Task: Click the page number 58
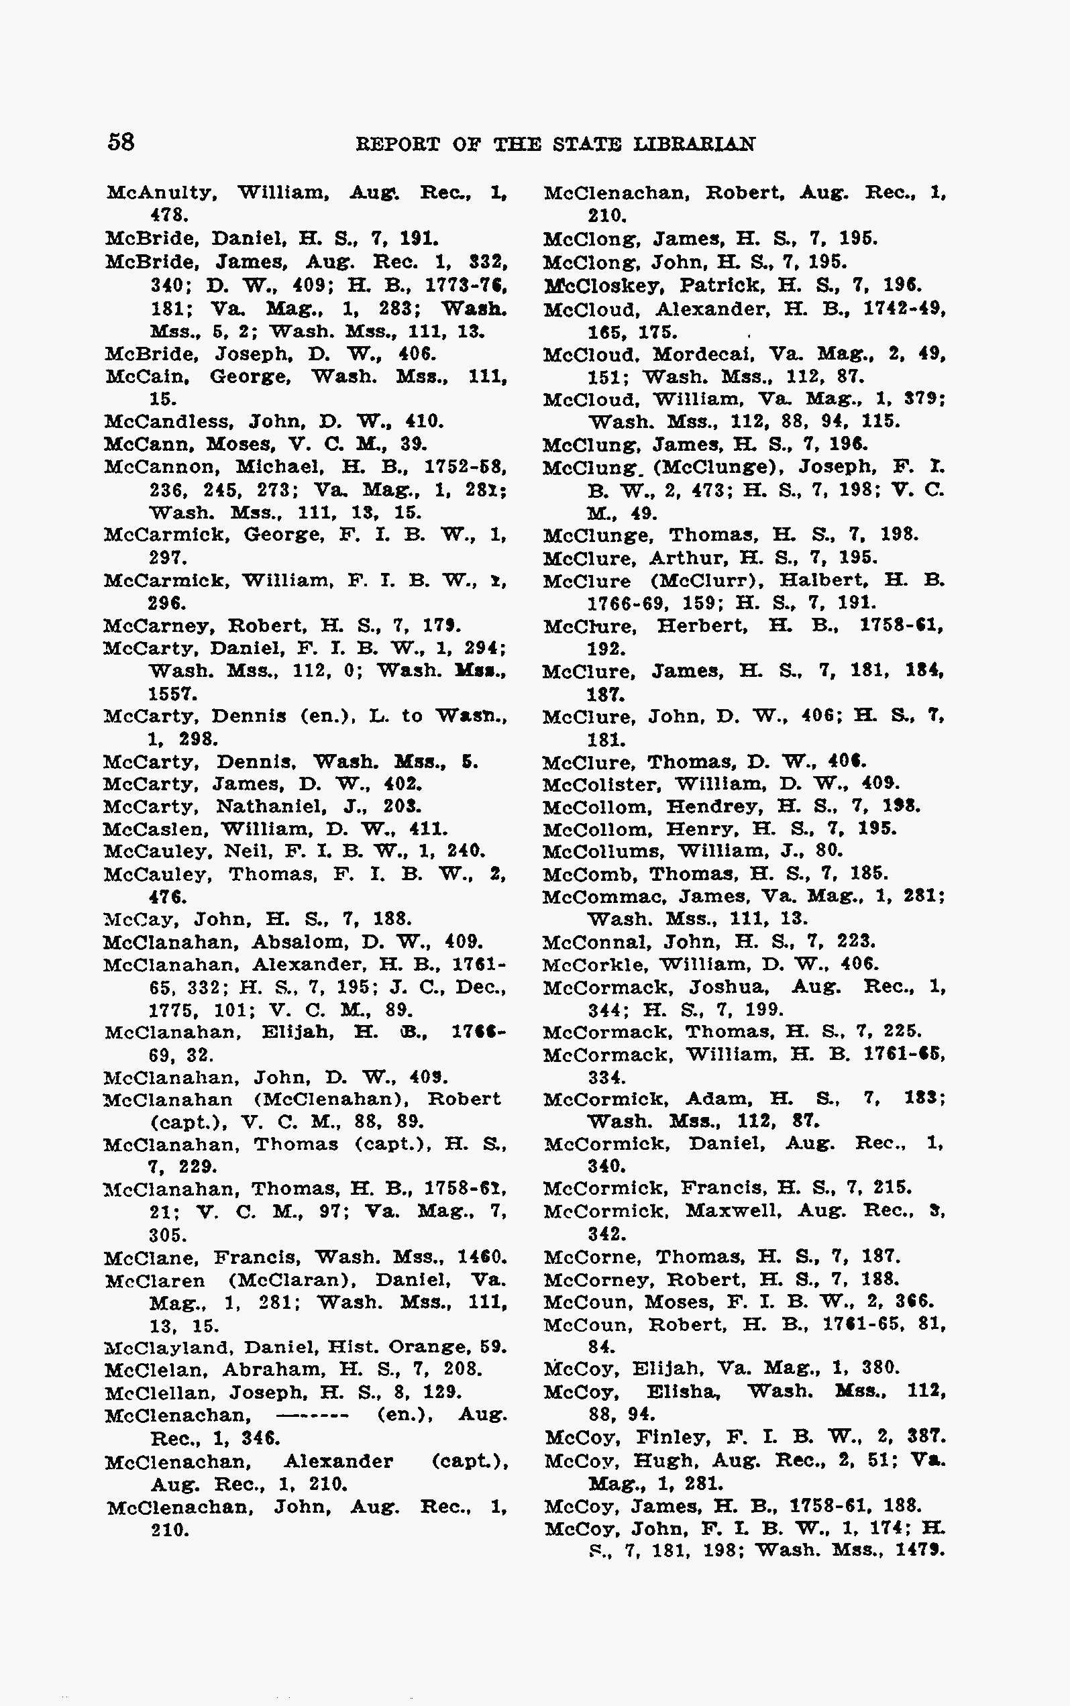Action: point(120,142)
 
